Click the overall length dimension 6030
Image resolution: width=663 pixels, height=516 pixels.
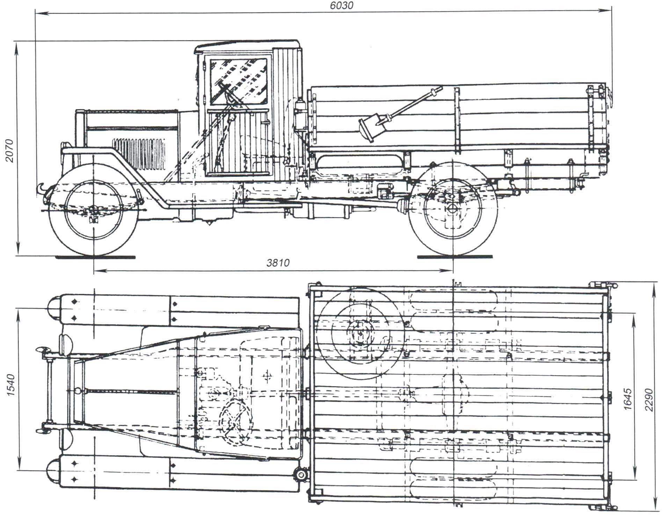pyautogui.click(x=342, y=5)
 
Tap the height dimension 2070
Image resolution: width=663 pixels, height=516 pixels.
pyautogui.click(x=9, y=150)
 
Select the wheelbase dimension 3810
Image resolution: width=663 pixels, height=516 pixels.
pyautogui.click(x=278, y=263)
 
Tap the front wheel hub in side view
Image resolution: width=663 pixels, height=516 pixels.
pyautogui.click(x=94, y=209)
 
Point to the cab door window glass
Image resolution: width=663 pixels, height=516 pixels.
pyautogui.click(x=239, y=81)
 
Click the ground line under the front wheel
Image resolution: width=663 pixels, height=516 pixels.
pyautogui.click(x=95, y=257)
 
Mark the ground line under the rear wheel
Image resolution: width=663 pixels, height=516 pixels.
pyautogui.click(x=455, y=257)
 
